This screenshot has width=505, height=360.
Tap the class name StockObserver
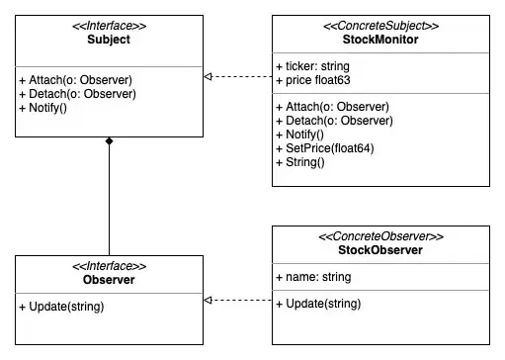pyautogui.click(x=379, y=251)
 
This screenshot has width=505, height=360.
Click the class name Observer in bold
pyautogui.click(x=109, y=280)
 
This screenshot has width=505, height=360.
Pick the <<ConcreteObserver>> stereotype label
pyautogui.click(x=379, y=237)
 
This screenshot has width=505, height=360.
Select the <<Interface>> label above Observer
pyautogui.click(x=109, y=266)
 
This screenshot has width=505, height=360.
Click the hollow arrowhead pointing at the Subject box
pyautogui.click(x=208, y=76)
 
